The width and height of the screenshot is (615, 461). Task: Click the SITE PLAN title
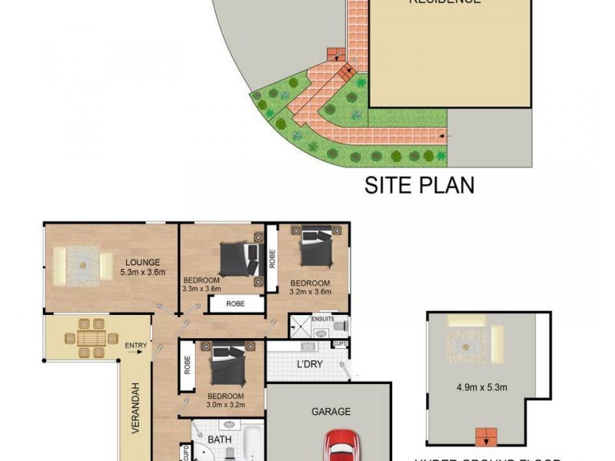tap(419, 185)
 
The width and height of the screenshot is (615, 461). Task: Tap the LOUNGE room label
tap(144, 262)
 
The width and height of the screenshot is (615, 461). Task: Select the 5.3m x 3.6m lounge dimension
tap(143, 272)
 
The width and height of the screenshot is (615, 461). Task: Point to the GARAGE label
tap(331, 412)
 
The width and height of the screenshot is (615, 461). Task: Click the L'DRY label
tap(309, 363)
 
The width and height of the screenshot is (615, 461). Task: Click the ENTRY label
tap(135, 346)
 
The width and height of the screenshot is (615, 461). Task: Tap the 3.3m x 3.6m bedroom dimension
tap(201, 290)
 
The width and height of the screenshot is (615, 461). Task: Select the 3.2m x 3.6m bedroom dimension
tap(310, 292)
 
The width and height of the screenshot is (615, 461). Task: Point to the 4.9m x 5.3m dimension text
tap(481, 387)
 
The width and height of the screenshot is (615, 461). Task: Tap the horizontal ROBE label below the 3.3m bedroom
tap(235, 304)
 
